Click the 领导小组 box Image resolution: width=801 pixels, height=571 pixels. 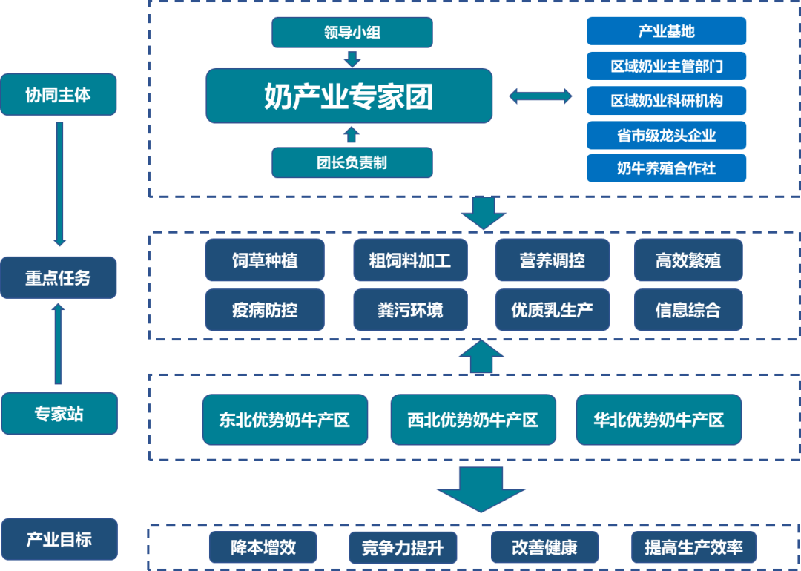[x=352, y=33]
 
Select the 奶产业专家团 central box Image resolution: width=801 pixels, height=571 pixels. [x=349, y=96]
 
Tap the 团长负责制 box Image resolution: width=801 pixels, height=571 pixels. [x=352, y=162]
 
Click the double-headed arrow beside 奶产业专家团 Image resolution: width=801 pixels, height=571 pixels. [x=540, y=96]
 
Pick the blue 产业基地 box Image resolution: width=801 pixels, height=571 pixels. [x=666, y=32]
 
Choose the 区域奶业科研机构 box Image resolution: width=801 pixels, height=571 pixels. [x=666, y=100]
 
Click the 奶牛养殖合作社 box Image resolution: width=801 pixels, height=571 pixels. [x=666, y=168]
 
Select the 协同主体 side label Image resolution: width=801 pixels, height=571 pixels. [x=59, y=94]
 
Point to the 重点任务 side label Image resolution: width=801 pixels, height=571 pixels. [x=59, y=277]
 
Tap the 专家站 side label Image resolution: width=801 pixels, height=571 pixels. [x=59, y=414]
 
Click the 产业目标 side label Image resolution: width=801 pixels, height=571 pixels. [x=59, y=539]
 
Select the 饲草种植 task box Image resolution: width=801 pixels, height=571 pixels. [x=265, y=260]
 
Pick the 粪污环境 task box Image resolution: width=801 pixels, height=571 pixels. [x=410, y=309]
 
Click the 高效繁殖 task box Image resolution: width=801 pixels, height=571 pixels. [x=688, y=260]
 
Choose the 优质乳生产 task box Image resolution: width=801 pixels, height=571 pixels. [x=552, y=309]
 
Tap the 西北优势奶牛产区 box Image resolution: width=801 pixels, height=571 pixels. [x=472, y=420]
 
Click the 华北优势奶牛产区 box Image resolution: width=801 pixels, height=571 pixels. [x=659, y=420]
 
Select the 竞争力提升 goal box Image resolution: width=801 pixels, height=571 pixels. [x=403, y=548]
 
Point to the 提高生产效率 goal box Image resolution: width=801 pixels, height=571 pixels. [x=693, y=548]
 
